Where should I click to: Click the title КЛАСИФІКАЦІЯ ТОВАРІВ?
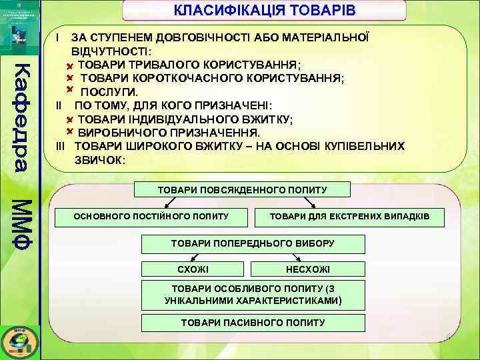[x=265, y=11]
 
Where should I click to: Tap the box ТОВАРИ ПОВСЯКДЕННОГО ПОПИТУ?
[x=242, y=190]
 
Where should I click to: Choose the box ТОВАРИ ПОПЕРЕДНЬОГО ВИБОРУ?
[x=253, y=244]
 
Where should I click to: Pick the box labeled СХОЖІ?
[x=193, y=269]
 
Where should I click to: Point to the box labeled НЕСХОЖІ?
[x=307, y=269]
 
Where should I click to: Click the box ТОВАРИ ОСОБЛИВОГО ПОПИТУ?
[x=253, y=295]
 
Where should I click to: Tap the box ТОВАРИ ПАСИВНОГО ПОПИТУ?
[x=253, y=323]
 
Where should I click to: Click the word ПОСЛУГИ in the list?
[x=109, y=91]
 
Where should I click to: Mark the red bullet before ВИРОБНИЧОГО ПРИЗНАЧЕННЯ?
[x=69, y=132]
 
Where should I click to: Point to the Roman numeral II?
[x=59, y=105]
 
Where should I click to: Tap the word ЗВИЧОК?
[x=99, y=160]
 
